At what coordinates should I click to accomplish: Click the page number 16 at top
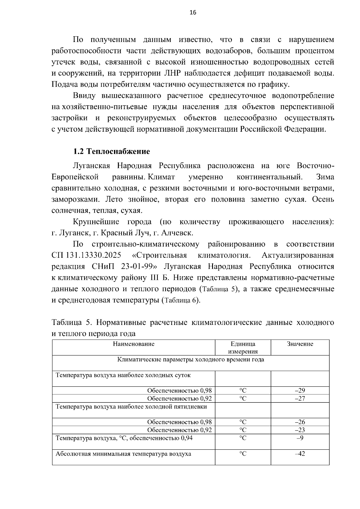pyautogui.click(x=193, y=13)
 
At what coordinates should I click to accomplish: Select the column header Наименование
pyautogui.click(x=133, y=344)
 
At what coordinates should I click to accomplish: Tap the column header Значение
pyautogui.click(x=300, y=344)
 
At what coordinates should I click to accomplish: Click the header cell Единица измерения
pyautogui.click(x=243, y=348)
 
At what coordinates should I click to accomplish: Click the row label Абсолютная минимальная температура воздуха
pyautogui.click(x=123, y=454)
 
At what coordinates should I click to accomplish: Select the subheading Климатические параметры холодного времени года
pyautogui.click(x=190, y=360)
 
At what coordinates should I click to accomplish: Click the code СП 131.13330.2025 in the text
pyautogui.click(x=86, y=256)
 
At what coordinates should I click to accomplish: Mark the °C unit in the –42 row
pyautogui.click(x=243, y=454)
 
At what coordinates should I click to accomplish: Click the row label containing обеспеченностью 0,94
pyautogui.click(x=124, y=438)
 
